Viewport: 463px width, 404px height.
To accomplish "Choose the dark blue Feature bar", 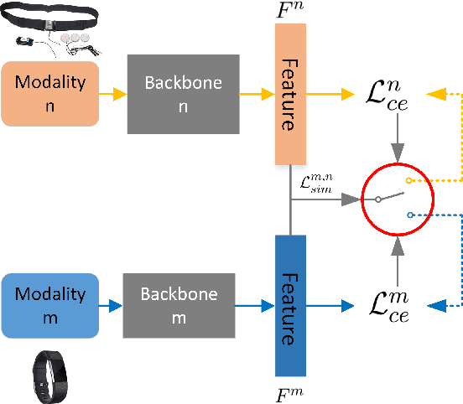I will (290, 305).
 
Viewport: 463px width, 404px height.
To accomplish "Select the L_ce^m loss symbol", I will (393, 305).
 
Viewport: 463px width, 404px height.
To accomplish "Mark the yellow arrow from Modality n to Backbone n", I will (112, 92).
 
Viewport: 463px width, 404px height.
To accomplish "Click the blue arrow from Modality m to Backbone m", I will (111, 305).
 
